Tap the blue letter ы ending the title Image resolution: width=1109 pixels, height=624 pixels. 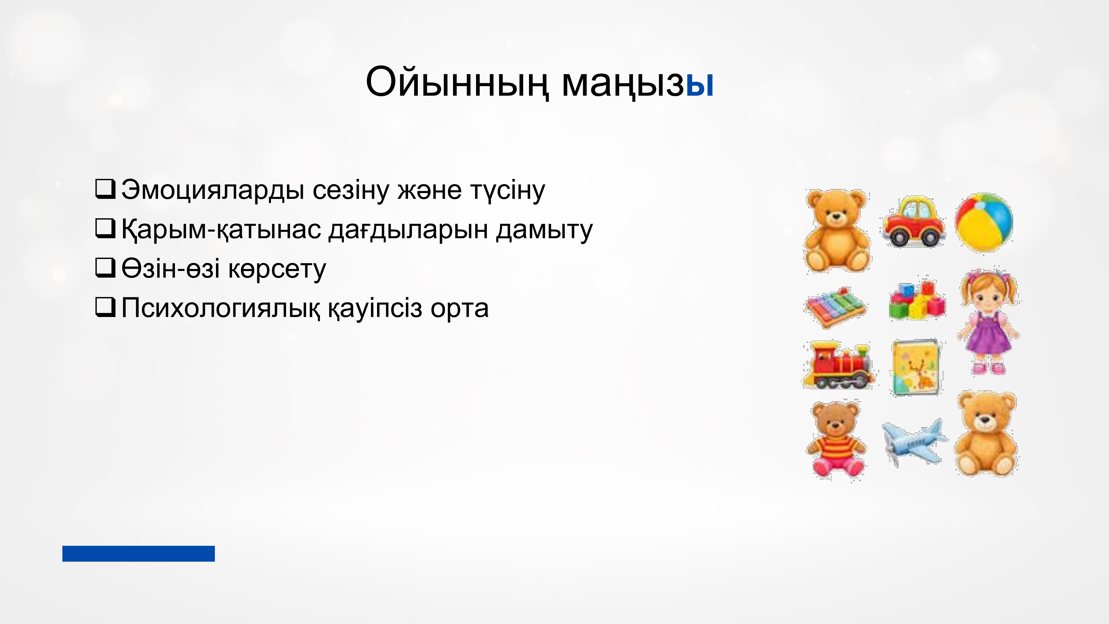700,85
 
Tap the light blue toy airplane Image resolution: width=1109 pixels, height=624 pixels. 914,443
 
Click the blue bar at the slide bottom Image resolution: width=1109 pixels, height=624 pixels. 139,553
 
